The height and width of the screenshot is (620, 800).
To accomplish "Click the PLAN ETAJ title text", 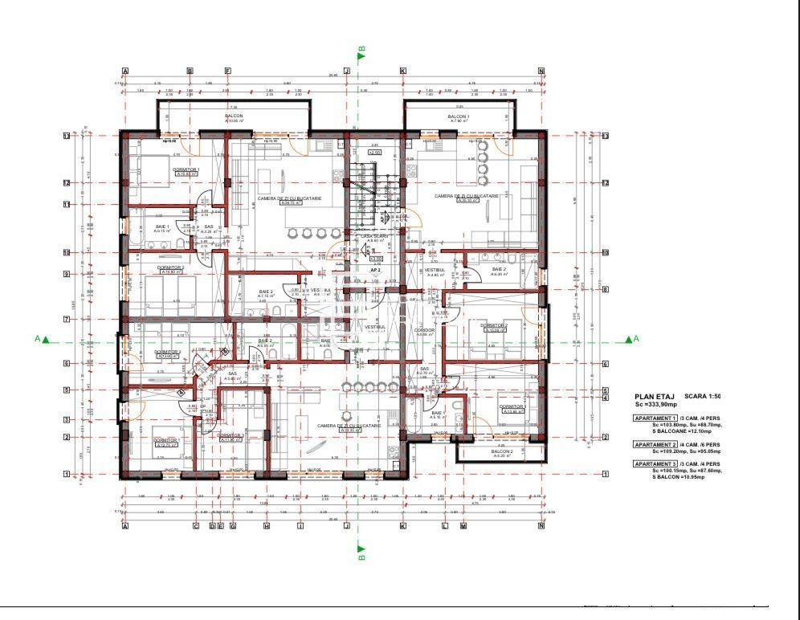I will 655,397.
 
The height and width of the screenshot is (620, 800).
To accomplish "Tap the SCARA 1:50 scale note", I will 703,397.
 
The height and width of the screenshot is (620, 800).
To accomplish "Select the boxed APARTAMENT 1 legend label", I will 654,418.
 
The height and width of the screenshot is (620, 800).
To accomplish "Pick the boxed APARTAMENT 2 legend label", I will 654,444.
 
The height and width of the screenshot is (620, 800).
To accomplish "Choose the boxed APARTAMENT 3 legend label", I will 654,463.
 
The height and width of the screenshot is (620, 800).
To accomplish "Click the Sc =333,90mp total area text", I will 655,404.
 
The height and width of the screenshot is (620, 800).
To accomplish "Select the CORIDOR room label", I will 425,330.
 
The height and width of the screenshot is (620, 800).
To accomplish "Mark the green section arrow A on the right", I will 629,340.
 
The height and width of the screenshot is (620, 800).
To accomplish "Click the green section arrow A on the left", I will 46,340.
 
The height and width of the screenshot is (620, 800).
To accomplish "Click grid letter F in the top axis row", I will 227,71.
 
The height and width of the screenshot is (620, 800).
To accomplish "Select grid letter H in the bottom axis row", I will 266,527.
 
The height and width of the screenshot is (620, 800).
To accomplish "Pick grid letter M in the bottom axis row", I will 463,527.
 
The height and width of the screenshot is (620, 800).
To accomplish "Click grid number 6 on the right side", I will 605,364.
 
